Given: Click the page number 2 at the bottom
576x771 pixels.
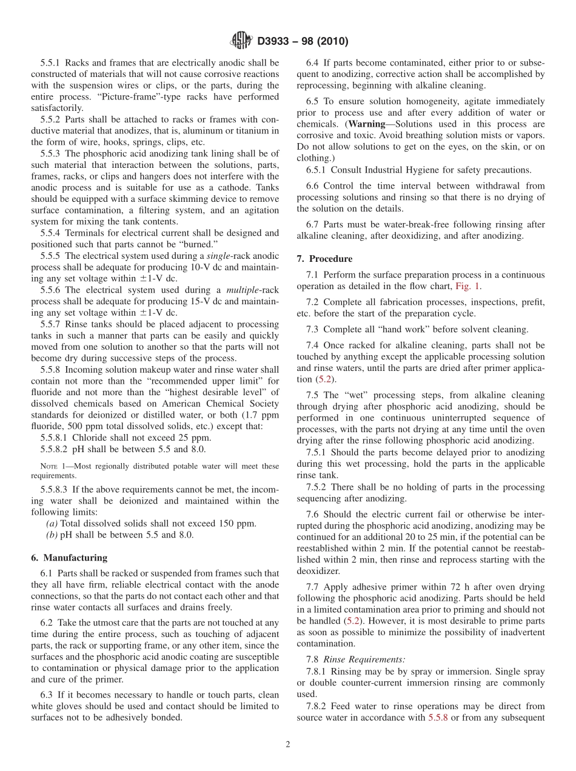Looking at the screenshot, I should click(x=288, y=745).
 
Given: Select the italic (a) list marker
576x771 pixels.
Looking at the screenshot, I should click(x=52, y=524).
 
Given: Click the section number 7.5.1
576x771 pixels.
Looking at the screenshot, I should click(x=318, y=453).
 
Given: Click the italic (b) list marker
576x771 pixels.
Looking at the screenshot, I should click(x=52, y=535).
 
